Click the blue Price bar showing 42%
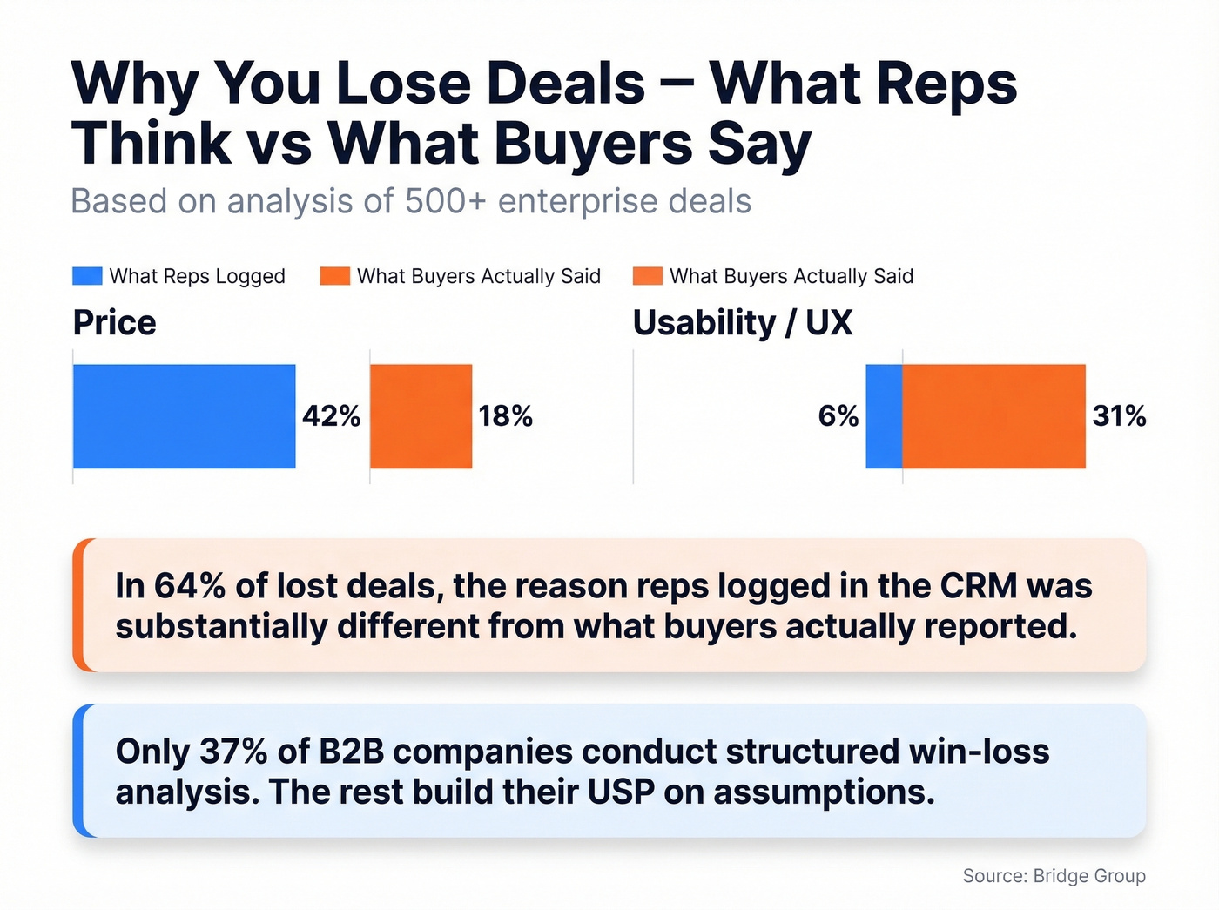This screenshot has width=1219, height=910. pos(184,416)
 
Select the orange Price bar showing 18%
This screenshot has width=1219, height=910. pos(421,416)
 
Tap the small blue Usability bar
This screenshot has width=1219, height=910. pos(884,416)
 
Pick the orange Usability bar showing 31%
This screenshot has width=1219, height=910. pos(993,416)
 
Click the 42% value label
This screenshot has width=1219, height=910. pos(332,416)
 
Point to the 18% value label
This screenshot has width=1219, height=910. pos(505,416)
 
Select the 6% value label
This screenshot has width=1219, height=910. pos(838,416)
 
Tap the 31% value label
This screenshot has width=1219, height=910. pos(1119,416)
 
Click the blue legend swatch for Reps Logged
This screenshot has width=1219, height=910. pos(87,276)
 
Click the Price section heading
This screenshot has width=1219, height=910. pos(114,323)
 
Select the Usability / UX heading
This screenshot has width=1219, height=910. pos(742,323)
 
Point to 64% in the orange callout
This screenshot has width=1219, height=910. pos(190,586)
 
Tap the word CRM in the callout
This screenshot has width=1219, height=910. pos(979,586)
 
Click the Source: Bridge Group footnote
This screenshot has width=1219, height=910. pos(1054,876)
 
